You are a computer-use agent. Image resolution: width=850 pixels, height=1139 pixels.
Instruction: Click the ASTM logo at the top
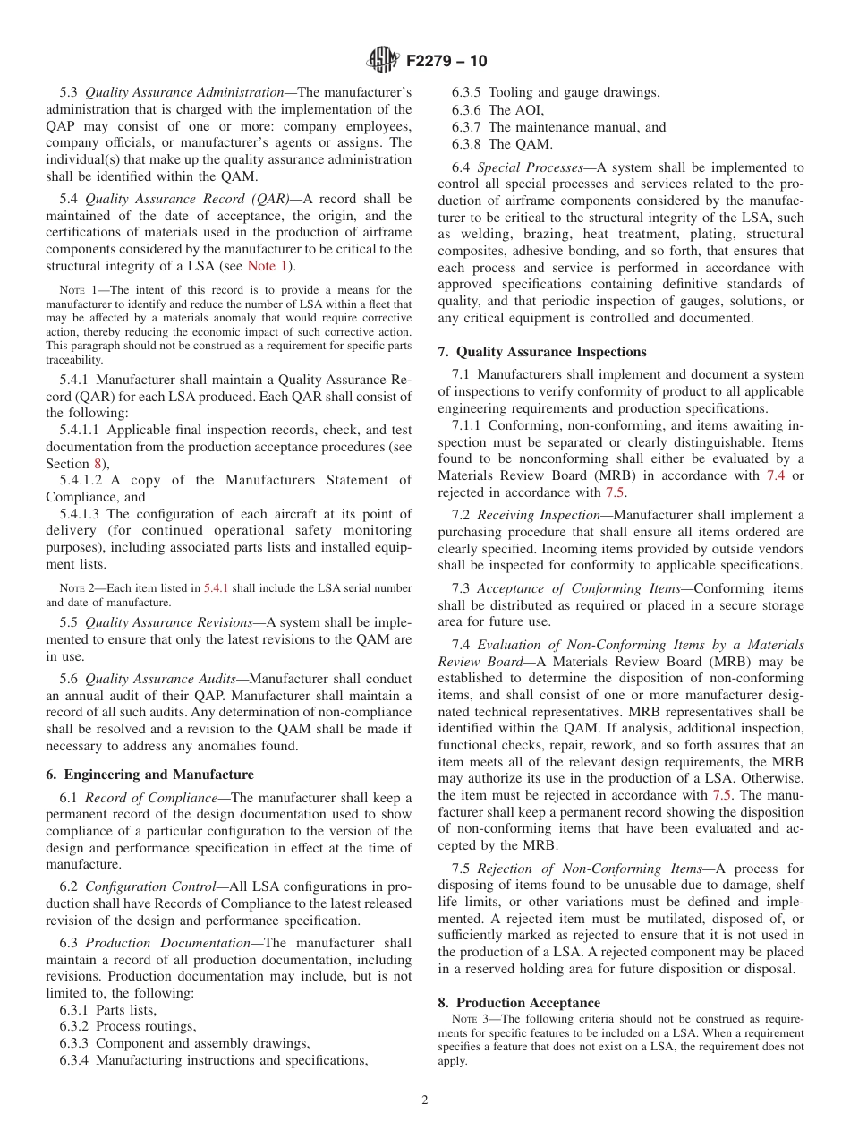pyautogui.click(x=383, y=62)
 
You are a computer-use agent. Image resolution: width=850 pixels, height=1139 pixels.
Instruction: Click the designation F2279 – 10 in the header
pyautogui.click(x=446, y=62)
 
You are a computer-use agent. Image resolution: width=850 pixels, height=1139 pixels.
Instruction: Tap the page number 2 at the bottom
pyautogui.click(x=425, y=1100)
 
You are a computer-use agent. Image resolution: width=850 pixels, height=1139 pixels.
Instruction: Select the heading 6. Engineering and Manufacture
pyautogui.click(x=149, y=775)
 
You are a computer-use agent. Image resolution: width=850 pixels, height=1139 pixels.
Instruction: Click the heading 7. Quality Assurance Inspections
pyautogui.click(x=542, y=352)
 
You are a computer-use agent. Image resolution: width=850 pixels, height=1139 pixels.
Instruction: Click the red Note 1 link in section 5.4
pyautogui.click(x=268, y=266)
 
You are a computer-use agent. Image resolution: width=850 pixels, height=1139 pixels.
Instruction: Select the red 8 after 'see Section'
pyautogui.click(x=98, y=463)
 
